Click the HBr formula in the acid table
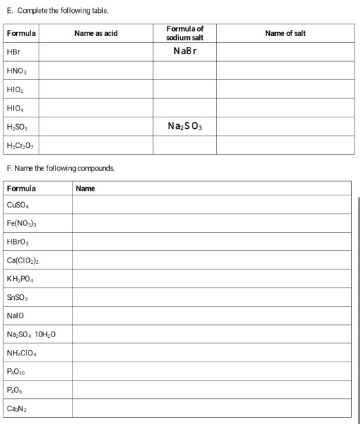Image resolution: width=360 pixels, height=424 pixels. click(14, 52)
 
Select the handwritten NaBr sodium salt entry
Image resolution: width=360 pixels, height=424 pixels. click(185, 52)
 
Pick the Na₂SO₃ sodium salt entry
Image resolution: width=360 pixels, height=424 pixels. click(184, 126)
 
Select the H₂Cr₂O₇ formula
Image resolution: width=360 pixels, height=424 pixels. click(20, 144)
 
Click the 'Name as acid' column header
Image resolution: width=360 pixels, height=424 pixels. click(96, 33)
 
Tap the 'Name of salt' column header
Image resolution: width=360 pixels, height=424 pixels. click(285, 33)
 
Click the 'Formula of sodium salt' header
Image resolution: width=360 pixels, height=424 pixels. click(184, 33)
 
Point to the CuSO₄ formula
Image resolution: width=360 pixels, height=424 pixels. click(19, 205)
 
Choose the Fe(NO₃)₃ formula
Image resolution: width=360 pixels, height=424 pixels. click(22, 223)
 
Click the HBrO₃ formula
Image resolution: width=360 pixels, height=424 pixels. click(18, 242)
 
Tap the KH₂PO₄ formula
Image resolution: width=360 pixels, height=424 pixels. click(21, 279)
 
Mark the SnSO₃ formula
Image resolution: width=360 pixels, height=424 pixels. click(18, 297)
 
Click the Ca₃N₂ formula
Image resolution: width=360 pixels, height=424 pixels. click(16, 408)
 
